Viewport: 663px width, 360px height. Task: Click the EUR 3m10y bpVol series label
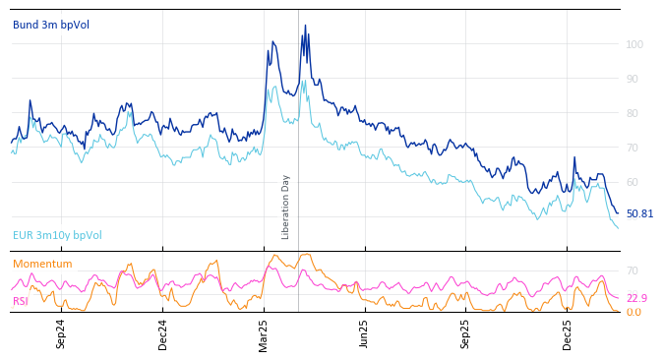pos(57,235)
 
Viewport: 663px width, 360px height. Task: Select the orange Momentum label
pos(42,264)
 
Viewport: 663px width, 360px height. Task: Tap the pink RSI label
pos(20,301)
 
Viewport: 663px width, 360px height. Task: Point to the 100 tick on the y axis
pos(634,44)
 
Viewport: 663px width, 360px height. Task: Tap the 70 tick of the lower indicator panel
pos(633,270)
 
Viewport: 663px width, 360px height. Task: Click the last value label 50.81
pos(639,213)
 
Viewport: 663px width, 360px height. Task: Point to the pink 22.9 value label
pos(636,298)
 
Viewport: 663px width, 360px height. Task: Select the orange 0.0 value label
pos(633,312)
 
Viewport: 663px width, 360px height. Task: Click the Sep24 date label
pos(61,333)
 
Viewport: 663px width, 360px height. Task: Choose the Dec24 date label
pos(162,333)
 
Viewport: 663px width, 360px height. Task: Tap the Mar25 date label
pos(264,333)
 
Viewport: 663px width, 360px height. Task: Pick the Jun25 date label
pos(364,333)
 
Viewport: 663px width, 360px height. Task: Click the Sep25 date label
pos(465,333)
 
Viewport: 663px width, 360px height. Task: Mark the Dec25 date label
pos(567,333)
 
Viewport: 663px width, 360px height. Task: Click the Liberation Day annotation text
pos(286,207)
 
